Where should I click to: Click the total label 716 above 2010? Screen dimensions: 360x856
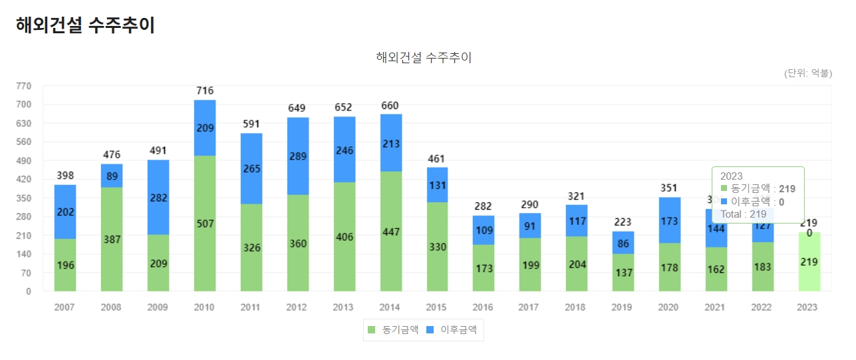point(205,90)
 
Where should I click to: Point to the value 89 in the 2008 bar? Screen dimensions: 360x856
point(112,176)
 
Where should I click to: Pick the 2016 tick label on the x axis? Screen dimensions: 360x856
point(484,307)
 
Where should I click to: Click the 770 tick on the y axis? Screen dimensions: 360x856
point(23,86)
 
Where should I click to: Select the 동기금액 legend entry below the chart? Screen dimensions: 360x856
point(392,329)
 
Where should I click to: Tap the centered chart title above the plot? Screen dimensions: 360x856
point(424,57)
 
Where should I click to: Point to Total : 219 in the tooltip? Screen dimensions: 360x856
point(744,214)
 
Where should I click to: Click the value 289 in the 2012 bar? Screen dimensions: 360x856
point(298,156)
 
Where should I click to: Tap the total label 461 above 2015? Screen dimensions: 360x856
point(437,159)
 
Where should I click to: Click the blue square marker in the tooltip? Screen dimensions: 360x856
point(724,201)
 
